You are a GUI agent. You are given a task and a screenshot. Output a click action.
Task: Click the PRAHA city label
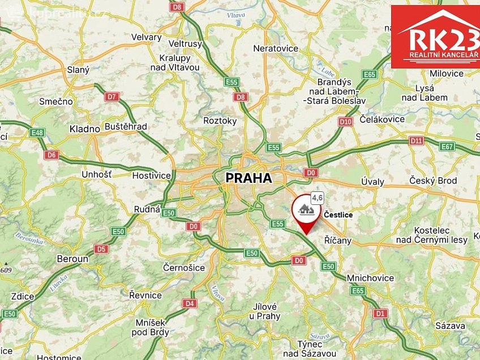248,178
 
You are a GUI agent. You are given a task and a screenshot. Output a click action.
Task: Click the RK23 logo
435,37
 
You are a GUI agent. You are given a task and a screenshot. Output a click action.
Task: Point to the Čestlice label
338,215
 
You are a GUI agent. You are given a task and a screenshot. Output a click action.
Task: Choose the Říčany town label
337,240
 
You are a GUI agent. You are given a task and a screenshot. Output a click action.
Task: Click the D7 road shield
113,97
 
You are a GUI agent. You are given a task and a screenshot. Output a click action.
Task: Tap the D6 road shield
52,155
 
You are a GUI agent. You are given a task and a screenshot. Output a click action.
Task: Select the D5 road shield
101,248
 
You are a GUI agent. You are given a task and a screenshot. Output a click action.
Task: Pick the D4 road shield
190,303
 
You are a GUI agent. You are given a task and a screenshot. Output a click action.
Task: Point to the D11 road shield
416,140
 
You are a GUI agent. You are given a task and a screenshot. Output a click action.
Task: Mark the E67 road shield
447,147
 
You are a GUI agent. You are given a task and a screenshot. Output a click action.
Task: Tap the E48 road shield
37,132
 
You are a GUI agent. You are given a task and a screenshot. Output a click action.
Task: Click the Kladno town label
85,128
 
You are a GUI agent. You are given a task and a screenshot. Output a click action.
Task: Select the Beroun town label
72,259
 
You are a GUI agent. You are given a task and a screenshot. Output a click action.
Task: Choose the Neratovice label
276,48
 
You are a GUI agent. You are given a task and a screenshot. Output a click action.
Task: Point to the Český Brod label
433,181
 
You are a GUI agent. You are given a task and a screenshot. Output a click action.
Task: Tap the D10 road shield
345,121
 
